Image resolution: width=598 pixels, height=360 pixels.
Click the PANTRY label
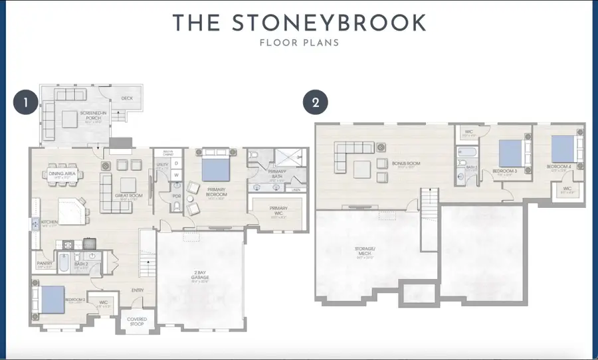point(45,262)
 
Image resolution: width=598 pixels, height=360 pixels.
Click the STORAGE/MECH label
point(365,251)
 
